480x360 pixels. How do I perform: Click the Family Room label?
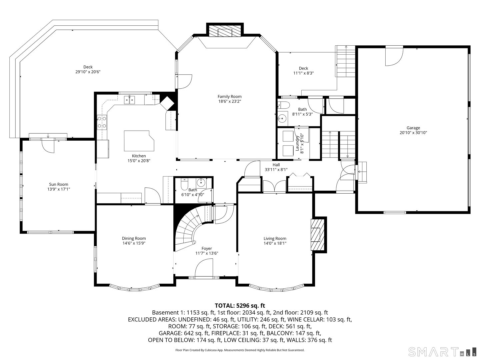click(229, 97)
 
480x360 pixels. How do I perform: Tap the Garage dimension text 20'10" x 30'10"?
click(413, 133)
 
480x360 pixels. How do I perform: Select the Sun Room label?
click(58, 184)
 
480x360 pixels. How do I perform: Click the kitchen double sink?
click(129, 99)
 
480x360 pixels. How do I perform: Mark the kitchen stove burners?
click(102, 122)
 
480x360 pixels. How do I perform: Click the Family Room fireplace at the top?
click(225, 31)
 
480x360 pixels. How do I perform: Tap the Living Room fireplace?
click(317, 235)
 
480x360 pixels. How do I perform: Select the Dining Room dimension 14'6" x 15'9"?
click(134, 243)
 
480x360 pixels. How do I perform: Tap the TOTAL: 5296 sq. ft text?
click(240, 305)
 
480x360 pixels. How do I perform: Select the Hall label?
click(276, 165)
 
